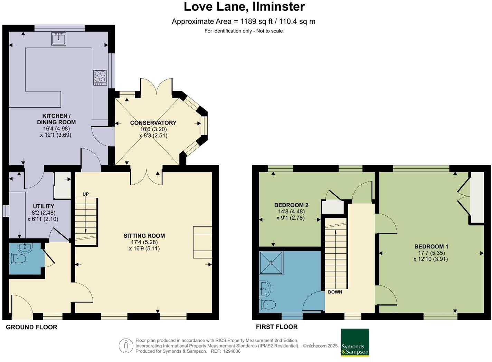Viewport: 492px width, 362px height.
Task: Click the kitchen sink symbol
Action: [58, 39]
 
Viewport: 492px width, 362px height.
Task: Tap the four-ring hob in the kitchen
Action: [100, 77]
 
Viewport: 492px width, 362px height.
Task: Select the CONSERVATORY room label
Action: [153, 123]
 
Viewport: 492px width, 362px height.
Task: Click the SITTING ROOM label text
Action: [144, 236]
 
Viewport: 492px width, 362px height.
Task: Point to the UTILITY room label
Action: [44, 206]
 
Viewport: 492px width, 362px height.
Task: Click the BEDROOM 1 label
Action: [431, 246]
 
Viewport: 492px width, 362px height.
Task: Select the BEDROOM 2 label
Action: [291, 205]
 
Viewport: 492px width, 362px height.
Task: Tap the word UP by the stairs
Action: [86, 194]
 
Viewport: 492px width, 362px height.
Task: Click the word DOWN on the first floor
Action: [335, 292]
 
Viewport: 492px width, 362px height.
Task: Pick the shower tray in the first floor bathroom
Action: [271, 263]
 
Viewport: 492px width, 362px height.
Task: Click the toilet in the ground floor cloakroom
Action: [18, 258]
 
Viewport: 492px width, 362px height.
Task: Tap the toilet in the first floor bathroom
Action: [268, 304]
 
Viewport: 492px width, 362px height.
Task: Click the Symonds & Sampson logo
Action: [355, 342]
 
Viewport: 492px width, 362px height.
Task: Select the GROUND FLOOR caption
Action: [31, 327]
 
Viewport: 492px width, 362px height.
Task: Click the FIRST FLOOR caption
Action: [276, 327]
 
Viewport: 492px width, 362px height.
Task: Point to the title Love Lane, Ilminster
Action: [244, 7]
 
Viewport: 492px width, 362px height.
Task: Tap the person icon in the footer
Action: [126, 346]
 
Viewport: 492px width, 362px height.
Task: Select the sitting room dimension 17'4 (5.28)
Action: [144, 242]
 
